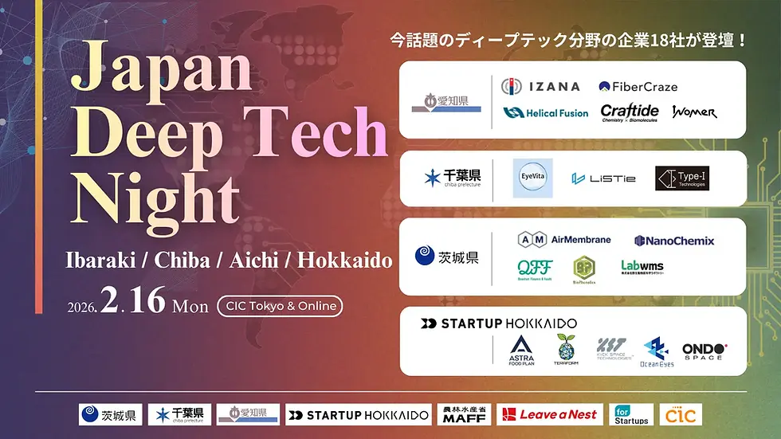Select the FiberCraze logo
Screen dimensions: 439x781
(638, 86)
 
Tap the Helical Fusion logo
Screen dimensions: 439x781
(546, 113)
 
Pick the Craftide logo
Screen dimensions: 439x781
(630, 112)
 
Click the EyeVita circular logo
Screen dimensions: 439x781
(532, 178)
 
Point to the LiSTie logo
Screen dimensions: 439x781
(603, 178)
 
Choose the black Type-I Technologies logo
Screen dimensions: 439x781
(681, 178)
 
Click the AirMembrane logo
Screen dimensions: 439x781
(564, 239)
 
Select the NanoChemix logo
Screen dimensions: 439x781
(674, 240)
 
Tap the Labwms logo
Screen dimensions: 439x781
(642, 267)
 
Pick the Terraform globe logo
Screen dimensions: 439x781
(566, 348)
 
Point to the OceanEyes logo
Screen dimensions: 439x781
(657, 351)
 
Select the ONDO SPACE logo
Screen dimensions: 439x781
(704, 350)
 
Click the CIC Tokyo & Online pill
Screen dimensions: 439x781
(278, 305)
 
